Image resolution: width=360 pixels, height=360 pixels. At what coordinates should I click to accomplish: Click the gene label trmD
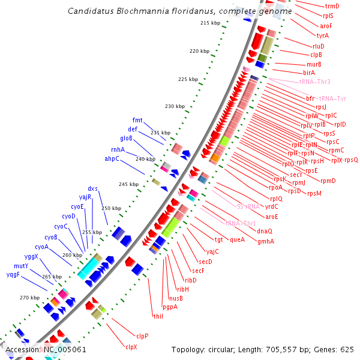[332, 6]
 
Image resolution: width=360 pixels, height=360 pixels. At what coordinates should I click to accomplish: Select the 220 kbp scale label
[198, 51]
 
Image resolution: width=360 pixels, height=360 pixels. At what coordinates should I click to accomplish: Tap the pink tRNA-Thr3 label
[314, 82]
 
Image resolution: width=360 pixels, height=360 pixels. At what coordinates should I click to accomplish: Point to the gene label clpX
[131, 347]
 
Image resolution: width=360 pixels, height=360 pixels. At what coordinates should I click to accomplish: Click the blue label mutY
[21, 266]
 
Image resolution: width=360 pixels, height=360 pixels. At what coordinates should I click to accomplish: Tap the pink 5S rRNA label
[248, 206]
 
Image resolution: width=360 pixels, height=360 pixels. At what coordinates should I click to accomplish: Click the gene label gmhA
[266, 241]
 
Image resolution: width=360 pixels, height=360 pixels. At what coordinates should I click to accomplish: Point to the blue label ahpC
[112, 158]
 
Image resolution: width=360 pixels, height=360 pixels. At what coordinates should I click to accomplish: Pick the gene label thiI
[158, 316]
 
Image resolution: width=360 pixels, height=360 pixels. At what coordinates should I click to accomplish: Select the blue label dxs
[92, 188]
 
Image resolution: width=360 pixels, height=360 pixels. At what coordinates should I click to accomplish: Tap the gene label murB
[314, 64]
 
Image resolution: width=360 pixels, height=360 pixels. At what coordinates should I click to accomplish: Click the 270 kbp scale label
[29, 298]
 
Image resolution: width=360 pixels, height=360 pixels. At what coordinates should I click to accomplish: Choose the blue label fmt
[137, 120]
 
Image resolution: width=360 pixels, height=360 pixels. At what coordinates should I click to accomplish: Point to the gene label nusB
[176, 298]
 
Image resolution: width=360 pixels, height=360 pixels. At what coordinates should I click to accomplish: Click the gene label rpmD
[328, 181]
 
